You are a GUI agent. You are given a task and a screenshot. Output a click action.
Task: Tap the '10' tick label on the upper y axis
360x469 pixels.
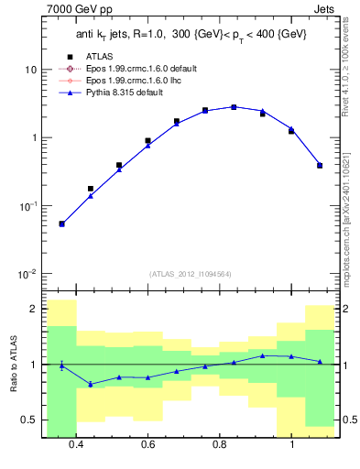(x=31, y=70)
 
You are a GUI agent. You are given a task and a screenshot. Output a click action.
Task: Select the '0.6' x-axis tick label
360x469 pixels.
(x=148, y=444)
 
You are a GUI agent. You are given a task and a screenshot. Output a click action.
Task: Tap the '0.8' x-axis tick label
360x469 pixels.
(x=220, y=444)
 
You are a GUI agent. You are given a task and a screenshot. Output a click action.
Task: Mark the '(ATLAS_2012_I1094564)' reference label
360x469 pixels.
(x=189, y=273)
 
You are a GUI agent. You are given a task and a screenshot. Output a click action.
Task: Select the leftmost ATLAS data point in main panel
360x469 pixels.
(x=61, y=224)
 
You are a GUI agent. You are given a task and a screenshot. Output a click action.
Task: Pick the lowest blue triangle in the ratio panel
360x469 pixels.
(x=91, y=384)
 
